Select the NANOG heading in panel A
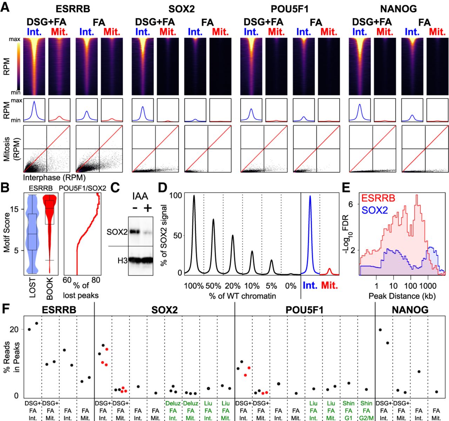398,8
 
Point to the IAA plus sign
147,208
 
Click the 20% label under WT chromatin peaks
233,286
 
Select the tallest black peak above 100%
194,196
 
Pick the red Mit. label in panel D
329,285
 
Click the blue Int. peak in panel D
310,197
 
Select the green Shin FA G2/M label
366,410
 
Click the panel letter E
346,188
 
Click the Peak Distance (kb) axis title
402,296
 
